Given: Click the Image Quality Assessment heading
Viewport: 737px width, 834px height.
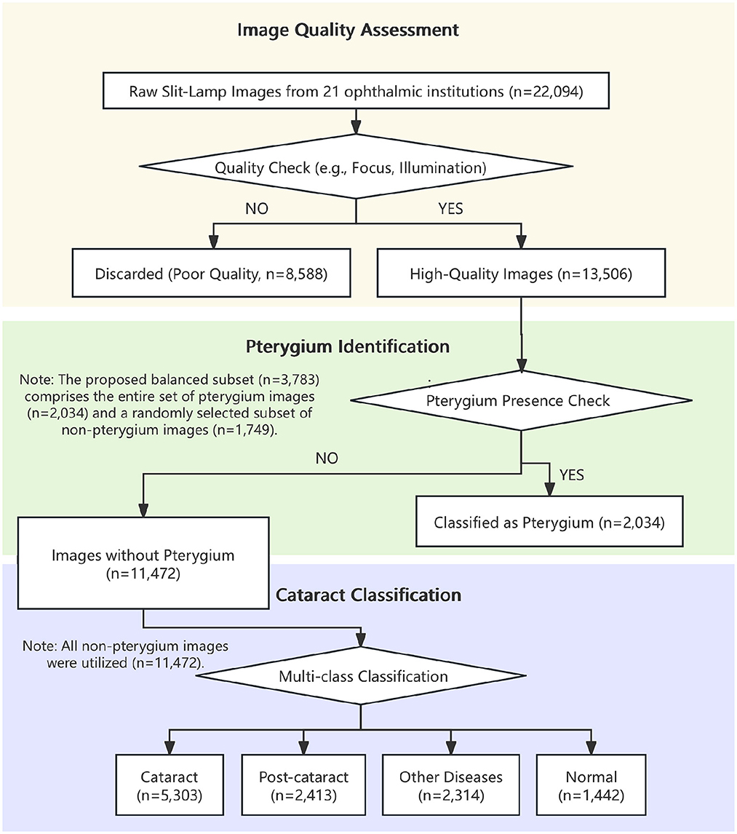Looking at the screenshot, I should click(348, 31).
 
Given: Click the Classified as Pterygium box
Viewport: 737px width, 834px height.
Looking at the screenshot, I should click(549, 522).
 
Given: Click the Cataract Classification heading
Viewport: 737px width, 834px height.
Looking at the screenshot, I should click(369, 595).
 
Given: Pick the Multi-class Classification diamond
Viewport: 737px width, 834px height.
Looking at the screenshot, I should click(363, 676).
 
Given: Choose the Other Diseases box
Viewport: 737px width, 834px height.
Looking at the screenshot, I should click(451, 786).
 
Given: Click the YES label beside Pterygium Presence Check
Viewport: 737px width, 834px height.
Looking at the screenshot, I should click(572, 476).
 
